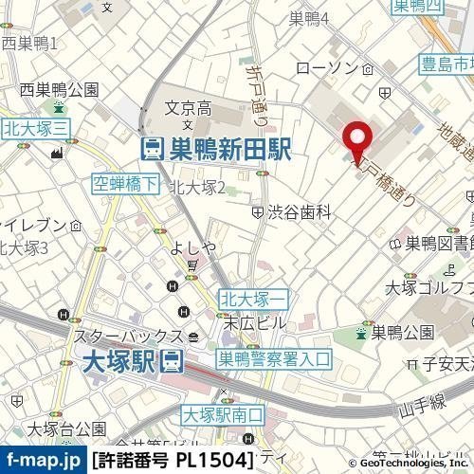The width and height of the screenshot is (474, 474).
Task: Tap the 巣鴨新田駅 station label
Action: pos(215,149)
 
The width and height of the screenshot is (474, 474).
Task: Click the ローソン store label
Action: pos(324,69)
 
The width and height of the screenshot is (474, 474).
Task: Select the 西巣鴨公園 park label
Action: pos(61,90)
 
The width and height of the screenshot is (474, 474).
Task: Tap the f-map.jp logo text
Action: pos(42,462)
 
